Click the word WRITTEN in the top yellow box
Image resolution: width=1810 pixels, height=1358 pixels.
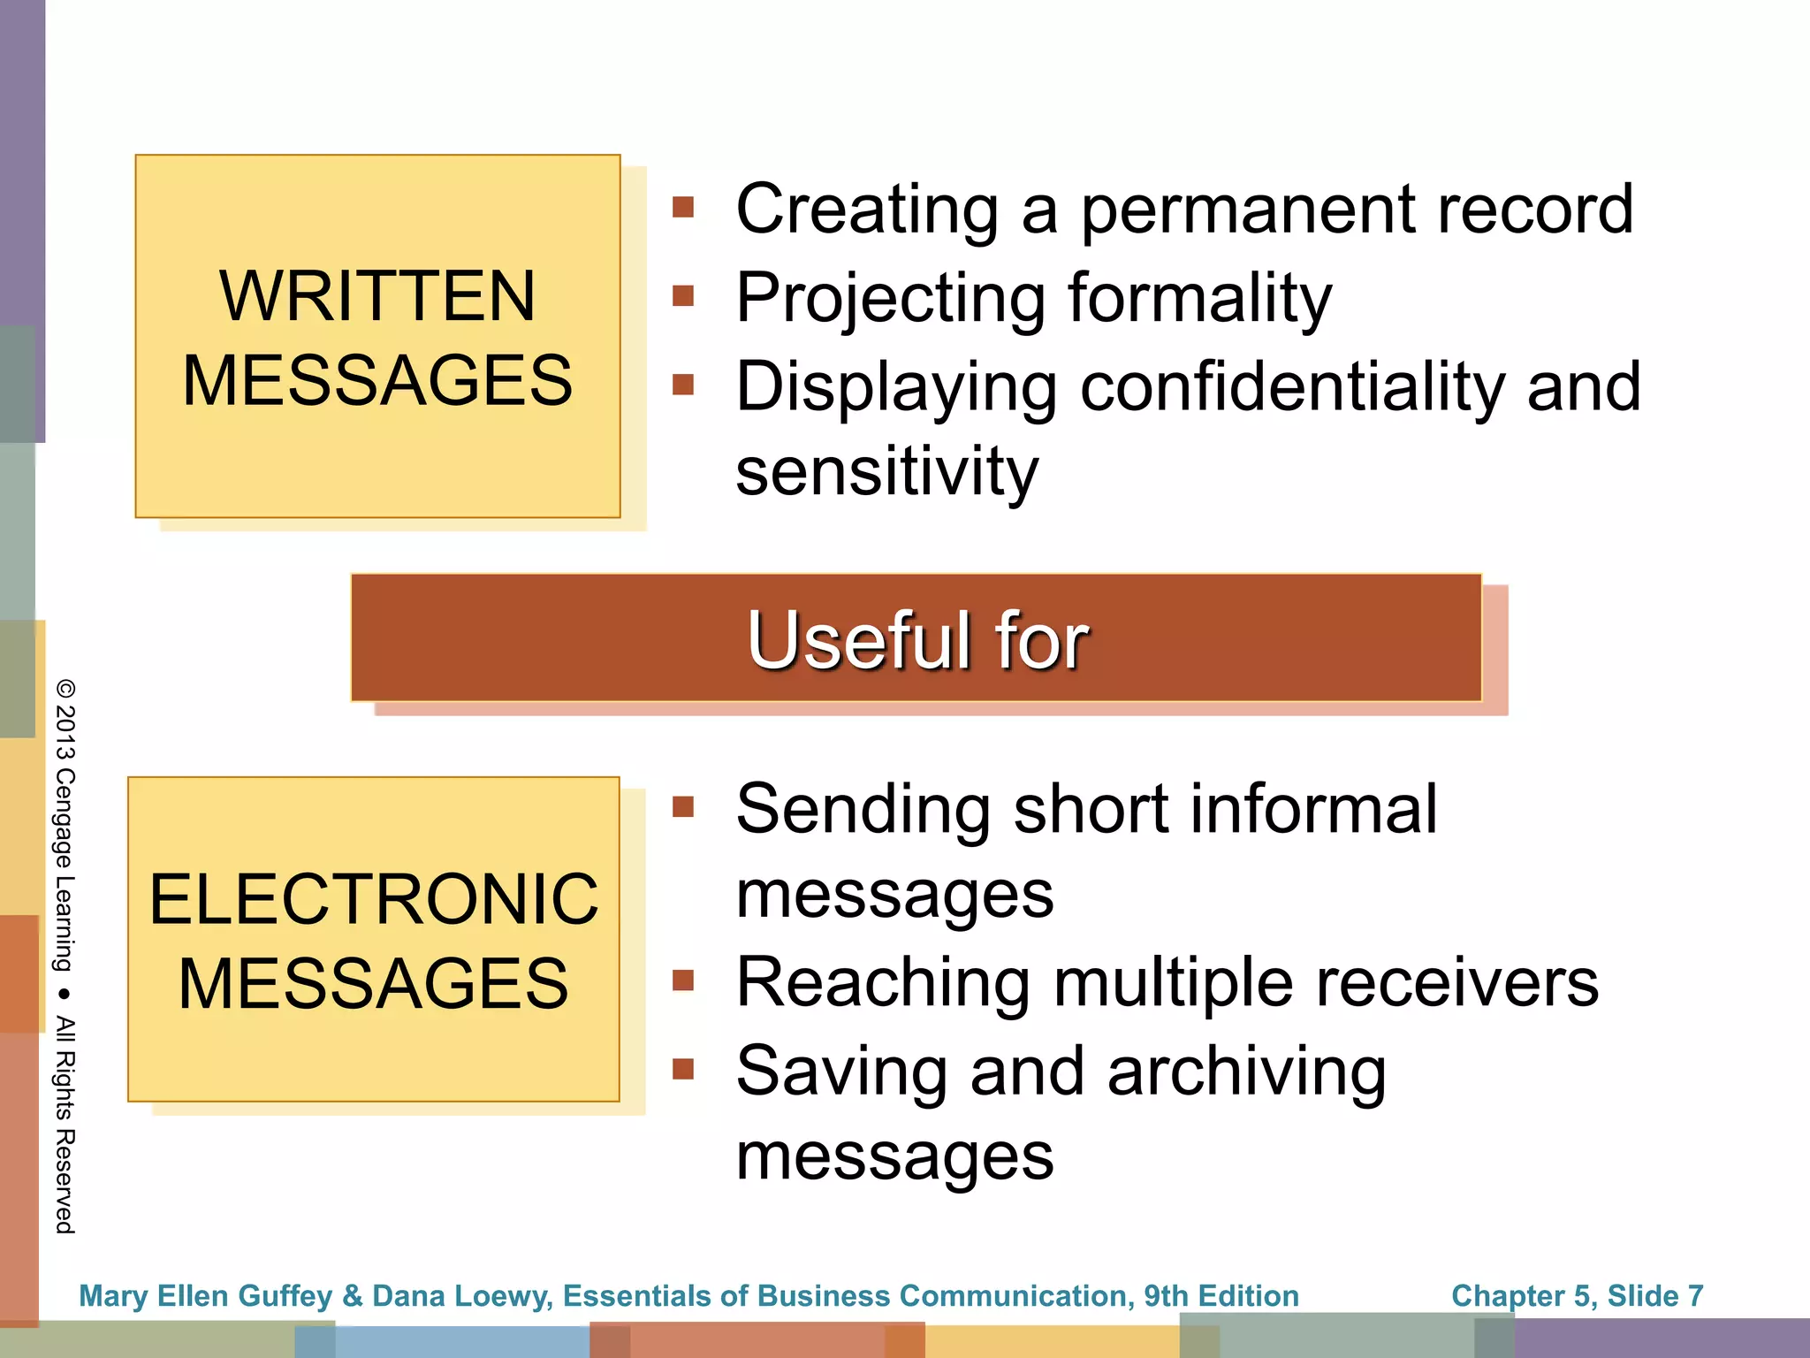point(377,296)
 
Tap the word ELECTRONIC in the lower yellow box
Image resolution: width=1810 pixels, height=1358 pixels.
point(374,899)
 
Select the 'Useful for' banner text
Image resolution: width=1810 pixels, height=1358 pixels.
point(916,639)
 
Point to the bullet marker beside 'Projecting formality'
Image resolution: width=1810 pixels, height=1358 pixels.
point(683,295)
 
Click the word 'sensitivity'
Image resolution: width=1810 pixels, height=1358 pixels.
point(886,471)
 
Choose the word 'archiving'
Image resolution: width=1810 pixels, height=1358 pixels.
point(1246,1072)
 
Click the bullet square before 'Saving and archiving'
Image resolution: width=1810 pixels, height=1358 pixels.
point(683,1070)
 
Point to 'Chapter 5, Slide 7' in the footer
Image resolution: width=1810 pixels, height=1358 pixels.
point(1577,1295)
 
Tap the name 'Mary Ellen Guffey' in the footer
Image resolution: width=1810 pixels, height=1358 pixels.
point(205,1295)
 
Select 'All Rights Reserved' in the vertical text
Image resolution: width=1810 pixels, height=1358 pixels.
point(65,1125)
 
